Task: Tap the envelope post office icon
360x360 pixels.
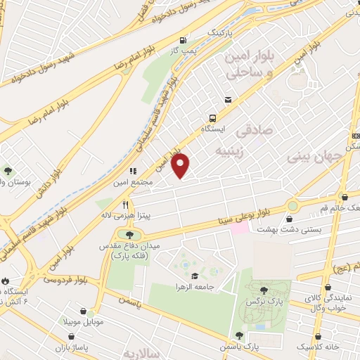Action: pos(227,100)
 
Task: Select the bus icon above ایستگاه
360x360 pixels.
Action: pos(212,119)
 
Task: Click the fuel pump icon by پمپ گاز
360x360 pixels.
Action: pos(183,40)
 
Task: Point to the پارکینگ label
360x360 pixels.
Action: pos(218,33)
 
